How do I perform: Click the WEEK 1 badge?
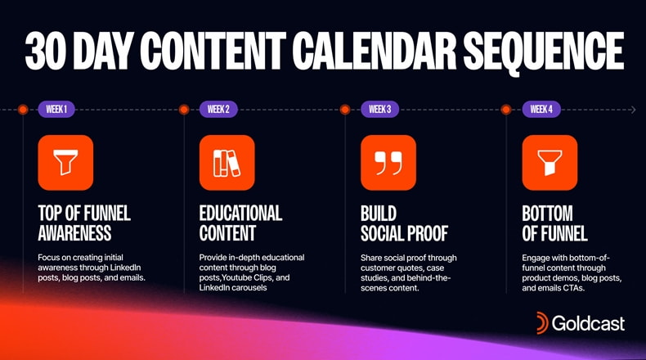[x=56, y=109]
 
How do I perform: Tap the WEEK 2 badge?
[x=218, y=109]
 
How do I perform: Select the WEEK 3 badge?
[x=379, y=109]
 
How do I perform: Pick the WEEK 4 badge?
[x=541, y=109]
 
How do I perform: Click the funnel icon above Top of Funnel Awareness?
[x=65, y=163]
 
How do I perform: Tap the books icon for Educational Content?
[x=227, y=163]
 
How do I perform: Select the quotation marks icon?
[x=388, y=163]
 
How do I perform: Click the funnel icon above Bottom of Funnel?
[x=550, y=163]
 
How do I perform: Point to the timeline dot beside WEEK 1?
[x=23, y=109]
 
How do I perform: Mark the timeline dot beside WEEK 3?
[x=345, y=109]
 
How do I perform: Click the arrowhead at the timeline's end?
[x=632, y=109]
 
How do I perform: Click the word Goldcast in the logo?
[x=589, y=323]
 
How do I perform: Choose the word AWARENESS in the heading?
[x=74, y=233]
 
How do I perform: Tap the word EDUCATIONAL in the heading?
[x=240, y=214]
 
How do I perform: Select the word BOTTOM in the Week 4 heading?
[x=547, y=214]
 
